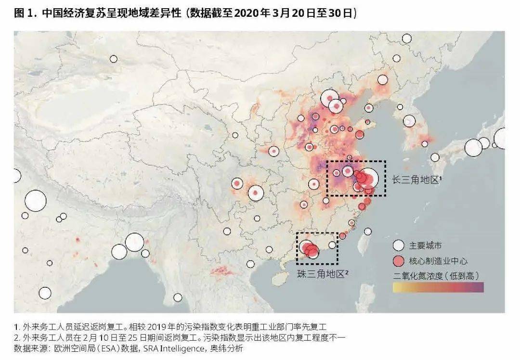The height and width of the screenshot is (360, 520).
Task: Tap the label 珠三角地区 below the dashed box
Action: tap(321, 274)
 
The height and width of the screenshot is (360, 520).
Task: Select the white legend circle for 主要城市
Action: tap(398, 245)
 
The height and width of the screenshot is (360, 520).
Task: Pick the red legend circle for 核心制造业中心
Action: tap(398, 261)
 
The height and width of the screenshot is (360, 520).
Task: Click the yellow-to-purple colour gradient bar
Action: tap(438, 287)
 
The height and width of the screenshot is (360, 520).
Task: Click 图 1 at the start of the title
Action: tap(25, 13)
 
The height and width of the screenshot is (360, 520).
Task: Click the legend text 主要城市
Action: tap(425, 246)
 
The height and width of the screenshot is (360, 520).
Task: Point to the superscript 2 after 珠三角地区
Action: tap(347, 272)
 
